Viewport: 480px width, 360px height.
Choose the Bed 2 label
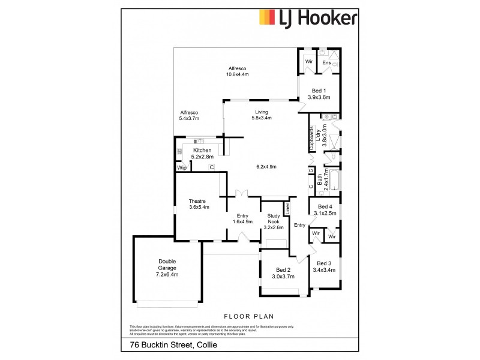pyautogui.click(x=283, y=273)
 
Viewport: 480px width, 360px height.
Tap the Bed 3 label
pyautogui.click(x=325, y=266)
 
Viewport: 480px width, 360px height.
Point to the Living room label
pyautogui.click(x=262, y=115)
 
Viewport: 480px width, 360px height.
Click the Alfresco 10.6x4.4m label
pyautogui.click(x=238, y=71)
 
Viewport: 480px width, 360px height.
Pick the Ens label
pyautogui.click(x=327, y=62)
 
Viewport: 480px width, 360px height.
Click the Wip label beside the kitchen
pyautogui.click(x=182, y=169)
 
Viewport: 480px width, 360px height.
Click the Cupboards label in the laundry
pyautogui.click(x=312, y=139)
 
